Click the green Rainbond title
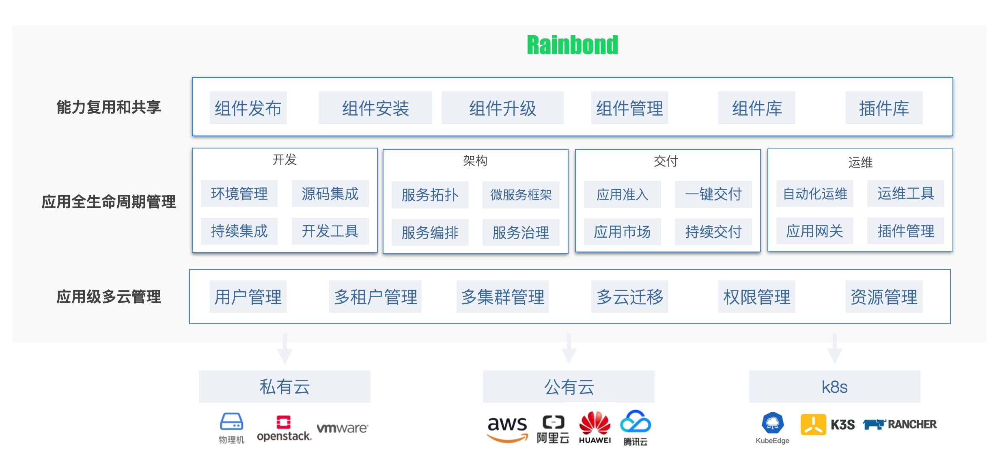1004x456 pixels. (572, 45)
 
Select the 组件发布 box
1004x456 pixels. (248, 108)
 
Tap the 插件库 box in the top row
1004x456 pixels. (884, 108)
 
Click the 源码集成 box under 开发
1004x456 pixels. (330, 194)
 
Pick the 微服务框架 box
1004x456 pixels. (521, 195)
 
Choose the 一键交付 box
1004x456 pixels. (713, 194)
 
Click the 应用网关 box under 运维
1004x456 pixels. (814, 231)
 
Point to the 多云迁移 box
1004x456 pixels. (629, 297)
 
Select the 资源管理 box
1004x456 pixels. (884, 297)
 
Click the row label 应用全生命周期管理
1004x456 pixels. (108, 202)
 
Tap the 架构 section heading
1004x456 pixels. (475, 161)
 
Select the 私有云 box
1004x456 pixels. (284, 387)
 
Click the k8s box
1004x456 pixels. (834, 387)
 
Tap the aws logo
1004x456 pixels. (507, 428)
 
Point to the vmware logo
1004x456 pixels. (342, 428)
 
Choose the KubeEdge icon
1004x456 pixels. (772, 424)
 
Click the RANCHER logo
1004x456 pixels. (900, 424)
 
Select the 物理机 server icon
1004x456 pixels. (231, 422)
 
